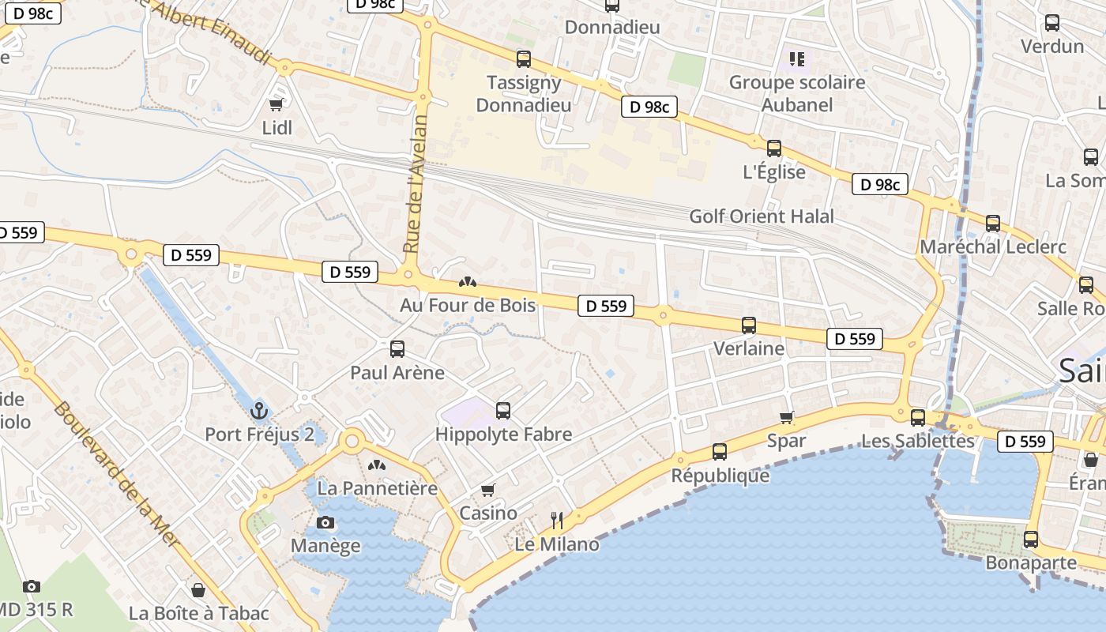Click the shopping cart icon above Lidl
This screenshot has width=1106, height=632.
click(276, 104)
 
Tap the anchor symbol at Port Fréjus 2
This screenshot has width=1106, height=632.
click(259, 411)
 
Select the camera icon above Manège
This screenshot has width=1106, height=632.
click(325, 522)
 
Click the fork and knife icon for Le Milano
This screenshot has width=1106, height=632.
click(557, 520)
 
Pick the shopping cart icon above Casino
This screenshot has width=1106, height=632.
click(488, 491)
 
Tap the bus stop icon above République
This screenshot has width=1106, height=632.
click(719, 452)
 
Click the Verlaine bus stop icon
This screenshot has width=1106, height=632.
click(748, 325)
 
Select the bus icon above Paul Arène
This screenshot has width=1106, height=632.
click(397, 348)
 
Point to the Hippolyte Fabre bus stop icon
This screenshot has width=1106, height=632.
click(503, 410)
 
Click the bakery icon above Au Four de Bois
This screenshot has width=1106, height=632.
click(468, 282)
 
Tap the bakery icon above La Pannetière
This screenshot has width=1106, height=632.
click(377, 465)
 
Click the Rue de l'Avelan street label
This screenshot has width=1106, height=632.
click(416, 184)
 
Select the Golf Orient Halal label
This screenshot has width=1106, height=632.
click(762, 216)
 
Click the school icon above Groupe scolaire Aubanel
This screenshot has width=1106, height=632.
click(797, 58)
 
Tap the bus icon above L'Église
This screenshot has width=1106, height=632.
click(774, 148)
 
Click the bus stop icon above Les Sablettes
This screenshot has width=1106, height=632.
click(917, 417)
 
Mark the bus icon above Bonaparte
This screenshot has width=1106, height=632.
click(1031, 540)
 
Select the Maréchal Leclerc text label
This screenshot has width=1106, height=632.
click(993, 246)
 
